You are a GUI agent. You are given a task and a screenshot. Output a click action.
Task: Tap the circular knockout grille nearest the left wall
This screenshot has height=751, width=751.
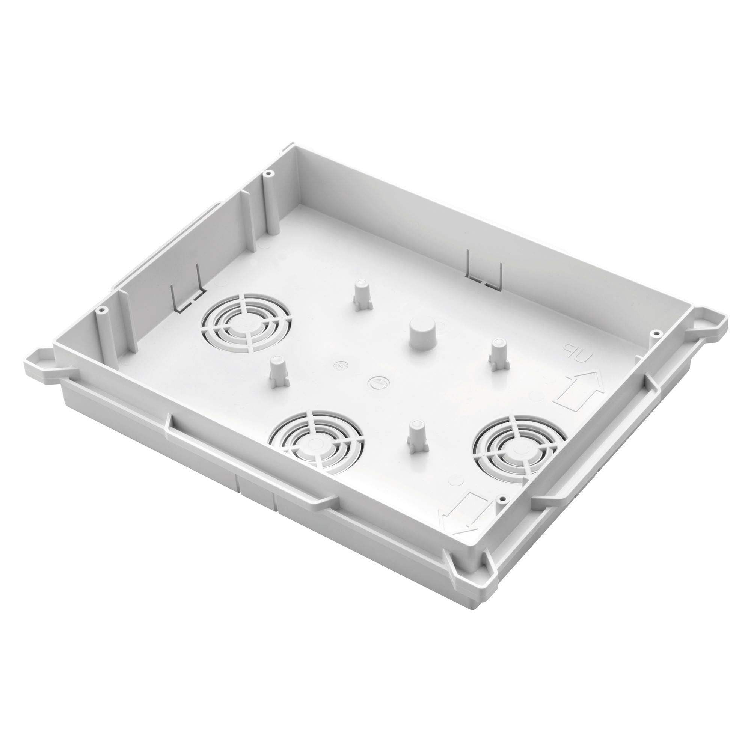[245, 323]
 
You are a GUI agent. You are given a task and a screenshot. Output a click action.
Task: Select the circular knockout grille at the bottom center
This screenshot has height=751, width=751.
[317, 442]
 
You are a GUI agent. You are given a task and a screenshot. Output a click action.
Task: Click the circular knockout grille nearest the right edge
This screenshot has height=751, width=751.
[516, 446]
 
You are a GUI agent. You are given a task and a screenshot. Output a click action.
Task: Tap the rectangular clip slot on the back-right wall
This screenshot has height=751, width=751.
[485, 268]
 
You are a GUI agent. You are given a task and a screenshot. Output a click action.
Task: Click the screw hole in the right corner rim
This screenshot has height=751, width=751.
[656, 333]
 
